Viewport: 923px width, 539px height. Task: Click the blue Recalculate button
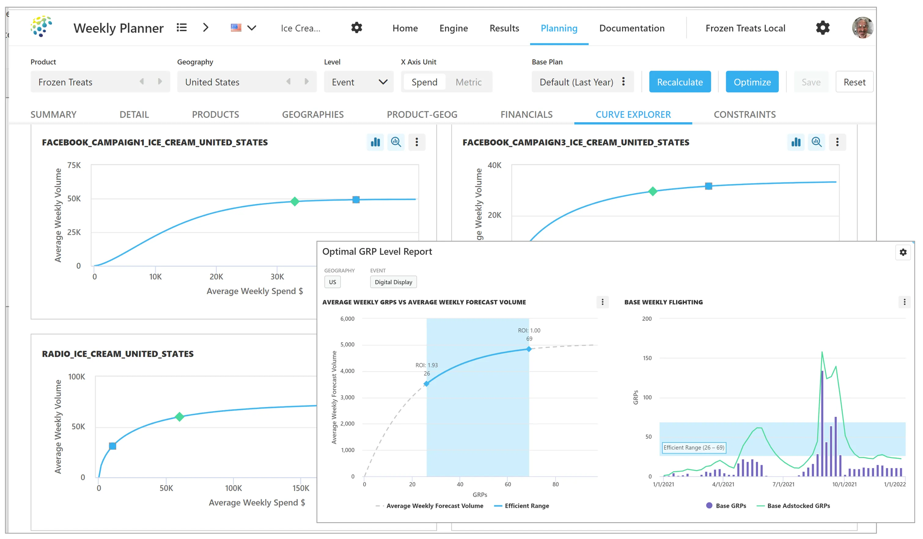[x=679, y=82]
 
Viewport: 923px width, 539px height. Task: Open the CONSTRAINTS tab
[x=744, y=115]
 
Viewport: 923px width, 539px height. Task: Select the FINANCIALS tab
[x=526, y=115]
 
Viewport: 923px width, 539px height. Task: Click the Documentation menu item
[x=631, y=28]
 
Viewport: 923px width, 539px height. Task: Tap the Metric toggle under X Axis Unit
[x=468, y=82]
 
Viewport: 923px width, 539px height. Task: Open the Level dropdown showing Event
[x=358, y=82]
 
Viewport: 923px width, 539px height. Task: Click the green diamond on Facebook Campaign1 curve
[x=295, y=201]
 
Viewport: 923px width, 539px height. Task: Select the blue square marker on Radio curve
[x=112, y=446]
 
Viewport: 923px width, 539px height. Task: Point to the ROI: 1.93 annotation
[x=426, y=365]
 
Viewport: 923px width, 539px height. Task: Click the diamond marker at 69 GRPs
[x=528, y=349]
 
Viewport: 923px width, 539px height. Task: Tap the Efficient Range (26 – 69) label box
[x=693, y=447]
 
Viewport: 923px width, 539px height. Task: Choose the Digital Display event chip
[x=393, y=282]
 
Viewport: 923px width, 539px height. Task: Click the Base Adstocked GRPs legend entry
[x=798, y=506]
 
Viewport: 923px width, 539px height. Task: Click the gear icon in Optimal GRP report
[x=903, y=252]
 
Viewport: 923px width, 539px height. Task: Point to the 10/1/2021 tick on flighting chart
[x=844, y=484]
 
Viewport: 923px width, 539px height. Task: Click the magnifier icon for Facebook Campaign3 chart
[x=816, y=142]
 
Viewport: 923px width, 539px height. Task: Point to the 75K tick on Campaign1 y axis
[x=74, y=165]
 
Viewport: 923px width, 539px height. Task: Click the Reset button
[x=854, y=82]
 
